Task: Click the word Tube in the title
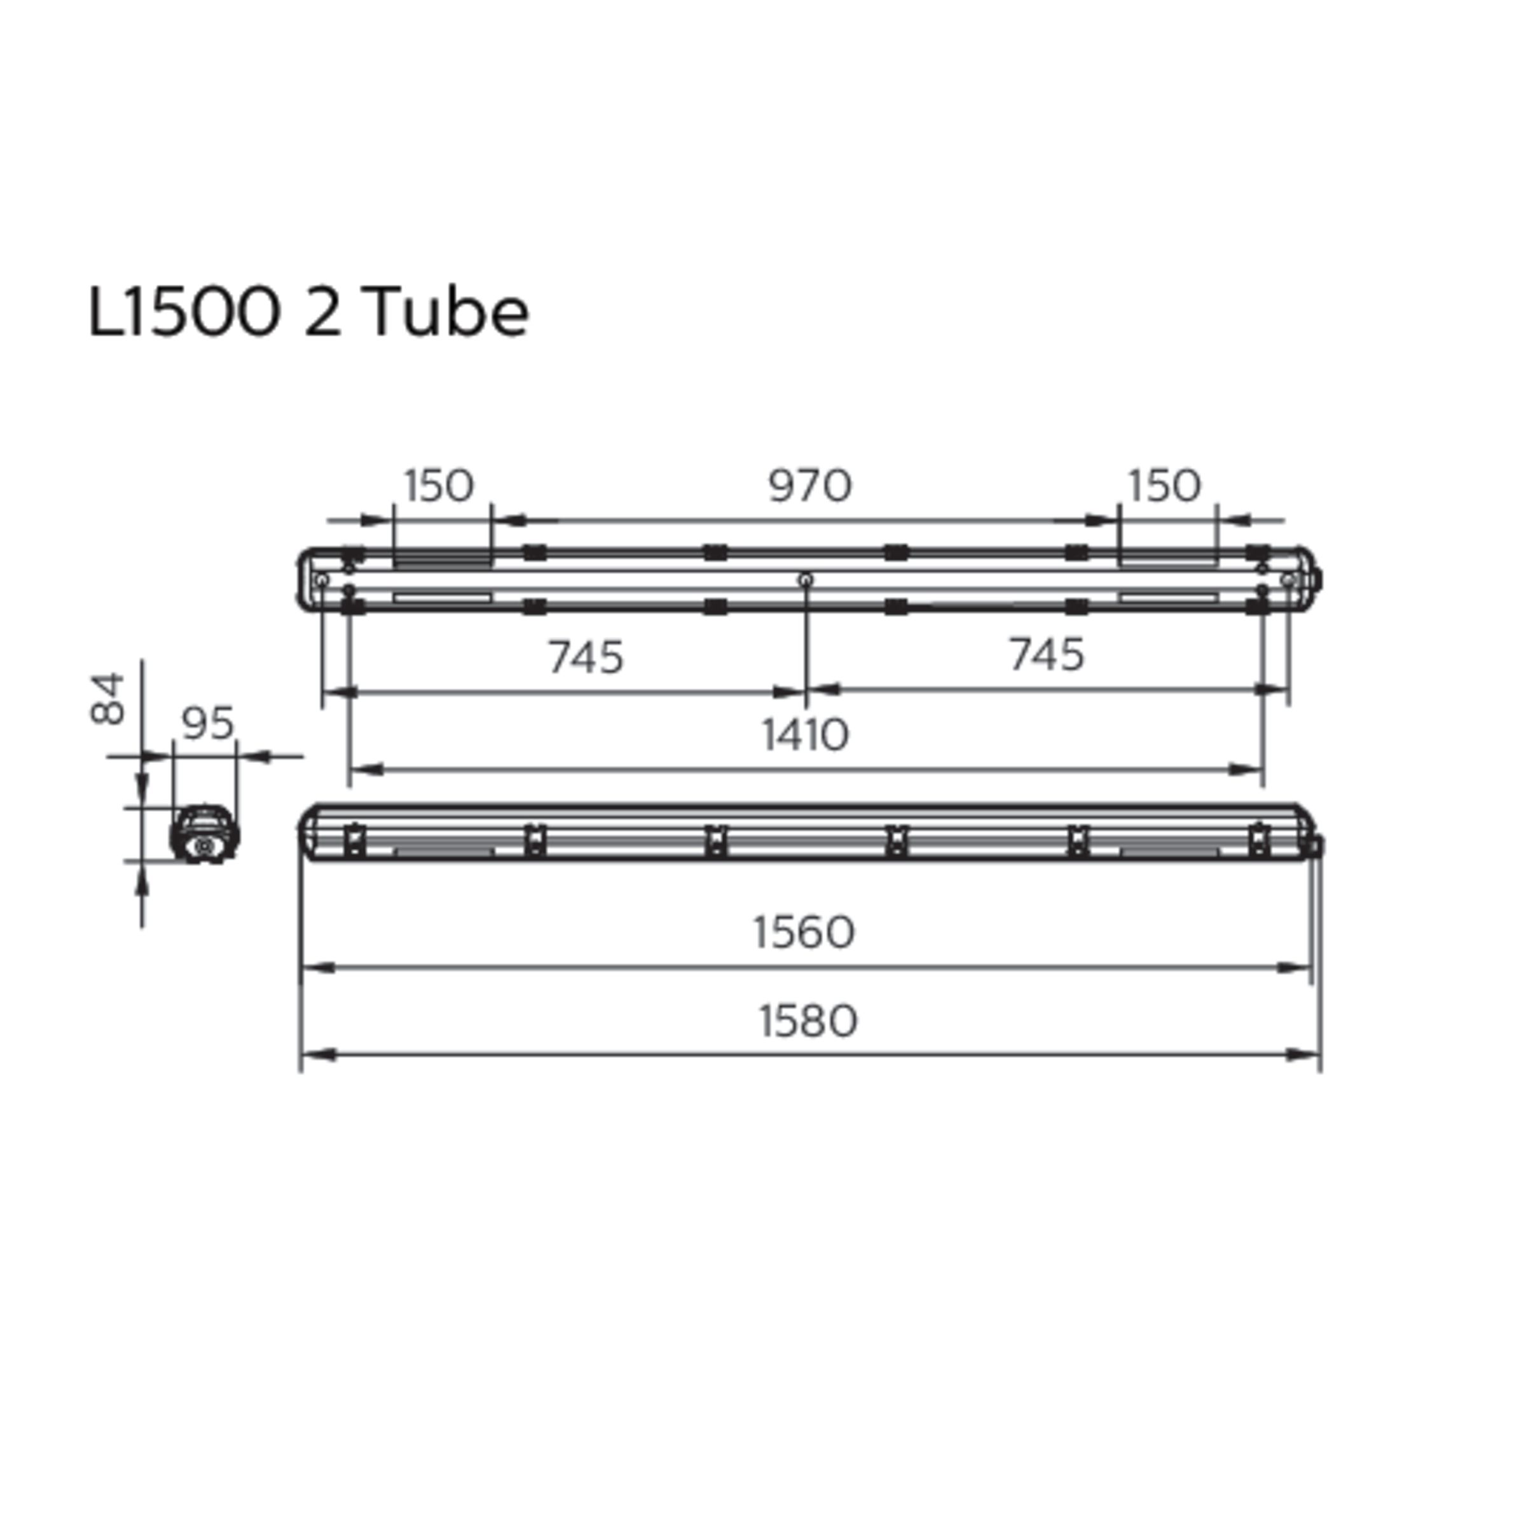tap(447, 312)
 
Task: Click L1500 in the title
tap(184, 312)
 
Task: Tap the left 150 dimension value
tap(439, 486)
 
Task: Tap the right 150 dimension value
tap(1164, 486)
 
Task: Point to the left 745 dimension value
tap(586, 657)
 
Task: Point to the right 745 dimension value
tap(1047, 655)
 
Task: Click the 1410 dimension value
tap(806, 734)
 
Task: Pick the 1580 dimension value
tap(808, 1021)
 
